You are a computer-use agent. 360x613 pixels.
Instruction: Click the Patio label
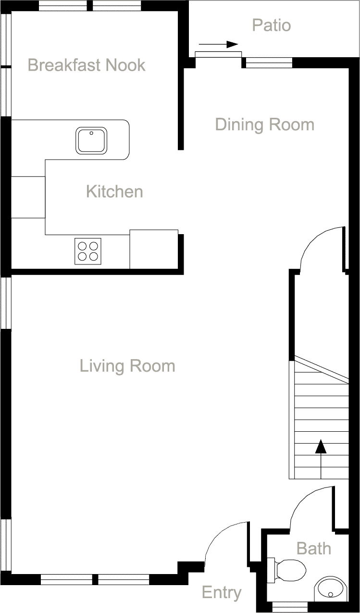[x=272, y=25]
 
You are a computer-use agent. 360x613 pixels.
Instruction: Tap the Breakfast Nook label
[x=87, y=65]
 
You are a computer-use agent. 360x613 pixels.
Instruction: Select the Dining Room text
[x=264, y=125]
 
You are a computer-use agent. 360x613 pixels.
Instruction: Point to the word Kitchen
[x=114, y=191]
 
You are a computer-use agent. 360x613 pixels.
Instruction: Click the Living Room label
[x=127, y=366]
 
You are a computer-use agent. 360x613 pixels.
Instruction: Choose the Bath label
[x=314, y=548]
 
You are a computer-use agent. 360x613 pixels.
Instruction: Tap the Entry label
[x=221, y=593]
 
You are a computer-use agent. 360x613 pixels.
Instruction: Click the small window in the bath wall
[x=290, y=605]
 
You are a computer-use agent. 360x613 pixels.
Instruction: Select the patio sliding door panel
[x=218, y=54]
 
